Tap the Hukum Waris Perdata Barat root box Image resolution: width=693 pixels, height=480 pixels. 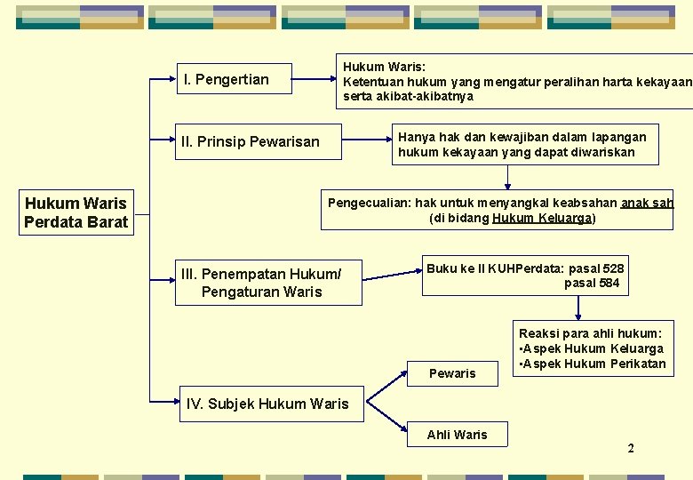click(76, 212)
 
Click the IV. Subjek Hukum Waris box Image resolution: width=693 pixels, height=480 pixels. click(267, 404)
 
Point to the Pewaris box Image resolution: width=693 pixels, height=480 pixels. click(452, 373)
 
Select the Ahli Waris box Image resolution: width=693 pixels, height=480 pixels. click(457, 434)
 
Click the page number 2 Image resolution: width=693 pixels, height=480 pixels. click(631, 448)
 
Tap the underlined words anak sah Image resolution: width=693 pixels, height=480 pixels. click(647, 203)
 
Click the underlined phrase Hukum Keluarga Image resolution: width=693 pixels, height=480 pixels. click(542, 218)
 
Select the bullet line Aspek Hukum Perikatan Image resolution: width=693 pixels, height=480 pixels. click(595, 364)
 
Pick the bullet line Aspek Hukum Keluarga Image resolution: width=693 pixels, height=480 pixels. click(594, 348)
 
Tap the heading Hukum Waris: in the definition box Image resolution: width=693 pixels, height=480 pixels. click(384, 67)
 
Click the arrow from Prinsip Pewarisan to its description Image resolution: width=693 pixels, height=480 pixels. click(366, 140)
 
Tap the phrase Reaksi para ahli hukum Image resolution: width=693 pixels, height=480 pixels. click(590, 333)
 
